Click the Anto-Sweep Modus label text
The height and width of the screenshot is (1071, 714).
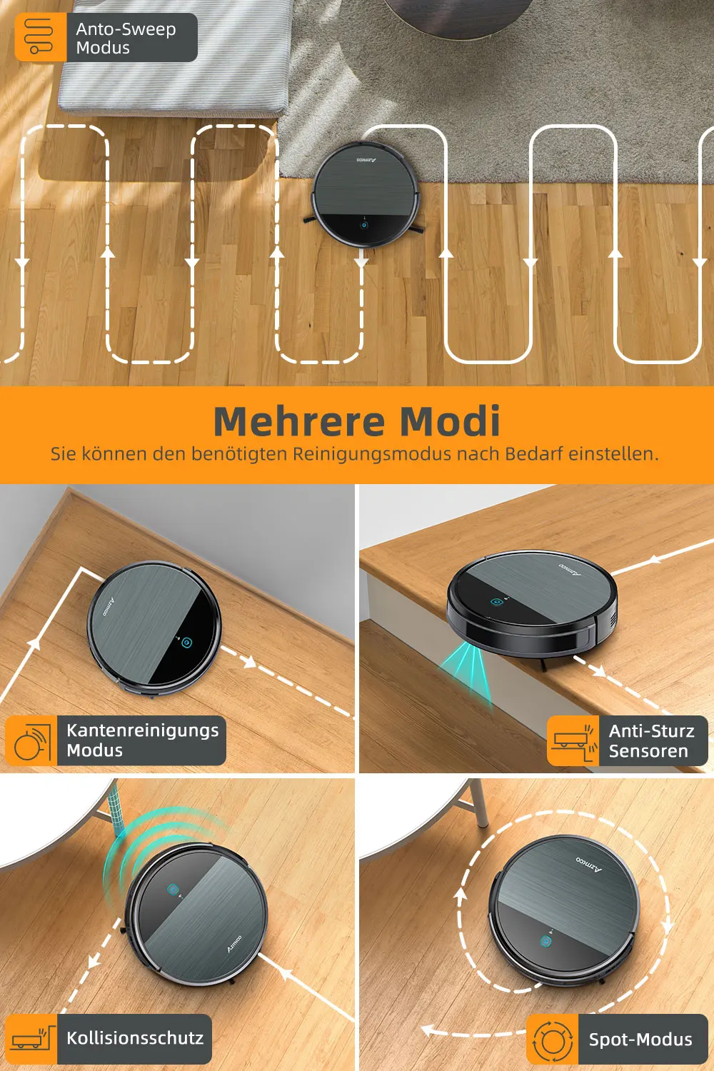126,39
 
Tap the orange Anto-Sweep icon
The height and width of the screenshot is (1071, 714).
41,37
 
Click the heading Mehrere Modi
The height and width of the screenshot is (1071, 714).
357,421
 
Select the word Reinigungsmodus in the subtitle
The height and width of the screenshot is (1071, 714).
372,453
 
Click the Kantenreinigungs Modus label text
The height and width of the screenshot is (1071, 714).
143,740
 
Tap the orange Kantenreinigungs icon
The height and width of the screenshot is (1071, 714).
31,740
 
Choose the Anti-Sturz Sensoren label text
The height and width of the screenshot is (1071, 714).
651,740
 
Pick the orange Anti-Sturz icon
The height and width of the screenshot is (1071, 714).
573,740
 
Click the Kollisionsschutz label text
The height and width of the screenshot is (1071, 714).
135,1038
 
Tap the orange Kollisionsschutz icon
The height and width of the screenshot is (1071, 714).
31,1039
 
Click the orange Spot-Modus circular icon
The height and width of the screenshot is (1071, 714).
553,1039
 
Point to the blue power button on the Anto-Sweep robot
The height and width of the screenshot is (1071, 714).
364,226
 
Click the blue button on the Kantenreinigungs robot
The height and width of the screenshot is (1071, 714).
186,642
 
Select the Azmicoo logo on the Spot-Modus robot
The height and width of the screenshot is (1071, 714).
589,864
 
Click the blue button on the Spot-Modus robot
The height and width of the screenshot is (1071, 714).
545,940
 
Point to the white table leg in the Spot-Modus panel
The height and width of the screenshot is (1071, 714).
478,803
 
